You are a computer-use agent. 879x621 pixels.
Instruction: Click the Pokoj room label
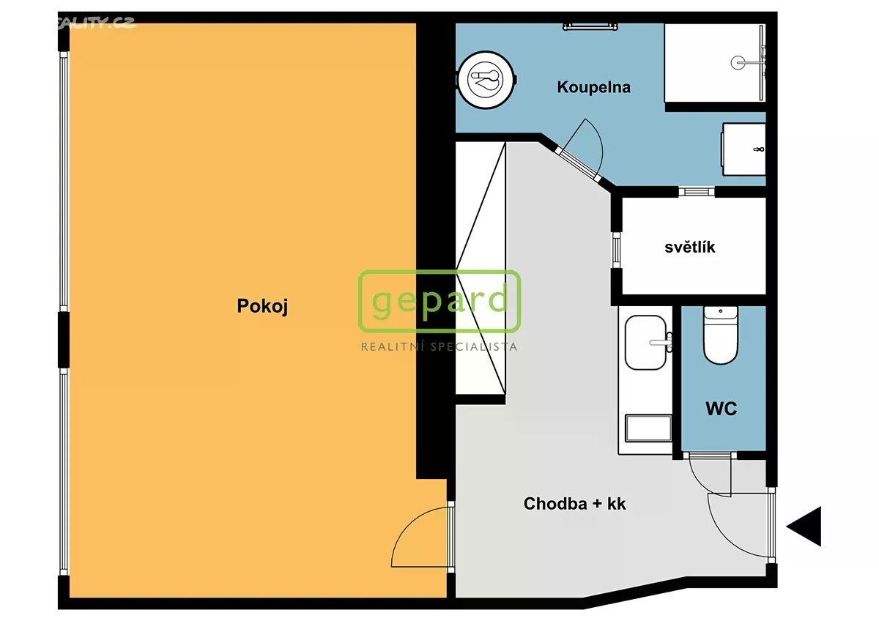262,306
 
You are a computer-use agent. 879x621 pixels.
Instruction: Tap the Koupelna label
594,87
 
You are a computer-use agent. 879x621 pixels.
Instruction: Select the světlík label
690,247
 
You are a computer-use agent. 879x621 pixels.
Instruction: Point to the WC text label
722,409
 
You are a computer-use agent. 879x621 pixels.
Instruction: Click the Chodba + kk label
574,504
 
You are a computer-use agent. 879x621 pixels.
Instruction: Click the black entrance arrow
804,527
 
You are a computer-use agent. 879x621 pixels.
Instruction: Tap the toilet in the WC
721,335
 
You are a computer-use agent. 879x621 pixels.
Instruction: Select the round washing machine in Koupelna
486,80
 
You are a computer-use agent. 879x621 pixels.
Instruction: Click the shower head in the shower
738,63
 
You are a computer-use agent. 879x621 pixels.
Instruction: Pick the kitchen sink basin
645,343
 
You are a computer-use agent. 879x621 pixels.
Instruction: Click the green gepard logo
439,301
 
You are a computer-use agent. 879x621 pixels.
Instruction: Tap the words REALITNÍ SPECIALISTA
439,347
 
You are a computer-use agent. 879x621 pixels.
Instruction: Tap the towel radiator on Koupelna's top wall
590,26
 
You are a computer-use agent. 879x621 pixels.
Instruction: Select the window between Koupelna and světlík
697,191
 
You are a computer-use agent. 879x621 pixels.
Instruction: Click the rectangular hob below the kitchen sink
649,428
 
